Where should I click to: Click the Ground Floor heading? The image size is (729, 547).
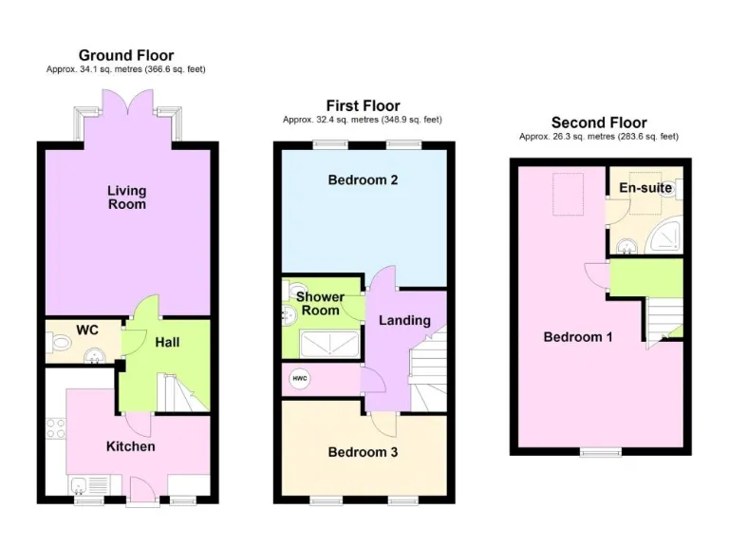tap(126, 55)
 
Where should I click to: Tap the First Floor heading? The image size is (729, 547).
tap(363, 105)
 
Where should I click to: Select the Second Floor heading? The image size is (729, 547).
tap(599, 123)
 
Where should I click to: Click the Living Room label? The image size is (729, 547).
tap(126, 198)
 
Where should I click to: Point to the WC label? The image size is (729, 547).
tap(87, 330)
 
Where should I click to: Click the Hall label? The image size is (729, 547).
tap(167, 343)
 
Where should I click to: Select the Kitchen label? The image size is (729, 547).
tap(130, 446)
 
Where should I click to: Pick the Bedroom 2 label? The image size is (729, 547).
tap(363, 180)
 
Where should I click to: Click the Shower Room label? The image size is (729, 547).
tap(320, 304)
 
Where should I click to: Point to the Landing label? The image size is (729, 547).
tap(404, 321)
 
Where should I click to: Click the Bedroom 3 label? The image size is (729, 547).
tap(363, 452)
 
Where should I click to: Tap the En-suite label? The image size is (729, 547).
tap(645, 188)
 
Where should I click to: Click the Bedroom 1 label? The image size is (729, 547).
tap(577, 337)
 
